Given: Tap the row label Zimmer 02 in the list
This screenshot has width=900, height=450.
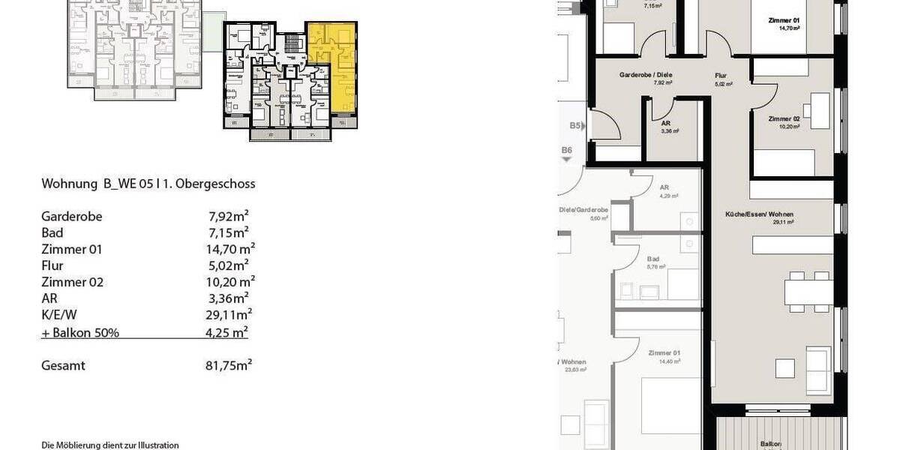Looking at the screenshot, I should [x=72, y=283].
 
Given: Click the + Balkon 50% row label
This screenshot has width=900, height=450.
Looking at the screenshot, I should [x=80, y=332].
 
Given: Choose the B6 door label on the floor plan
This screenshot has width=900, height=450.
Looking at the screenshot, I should [x=567, y=151].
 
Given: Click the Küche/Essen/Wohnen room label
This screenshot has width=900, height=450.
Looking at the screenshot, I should [x=769, y=214].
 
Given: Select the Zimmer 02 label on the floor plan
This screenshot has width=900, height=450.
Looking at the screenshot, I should [x=784, y=118].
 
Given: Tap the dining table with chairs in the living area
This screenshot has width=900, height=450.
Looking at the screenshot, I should [x=808, y=291].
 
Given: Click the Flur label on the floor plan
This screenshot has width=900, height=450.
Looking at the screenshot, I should [x=721, y=76].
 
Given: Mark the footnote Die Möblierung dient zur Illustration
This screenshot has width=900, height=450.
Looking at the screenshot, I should [x=110, y=445].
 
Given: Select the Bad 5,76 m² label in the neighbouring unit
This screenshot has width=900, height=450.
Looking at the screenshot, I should [x=653, y=262].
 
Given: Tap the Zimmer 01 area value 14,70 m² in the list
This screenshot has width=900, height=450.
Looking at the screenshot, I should [x=231, y=250].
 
